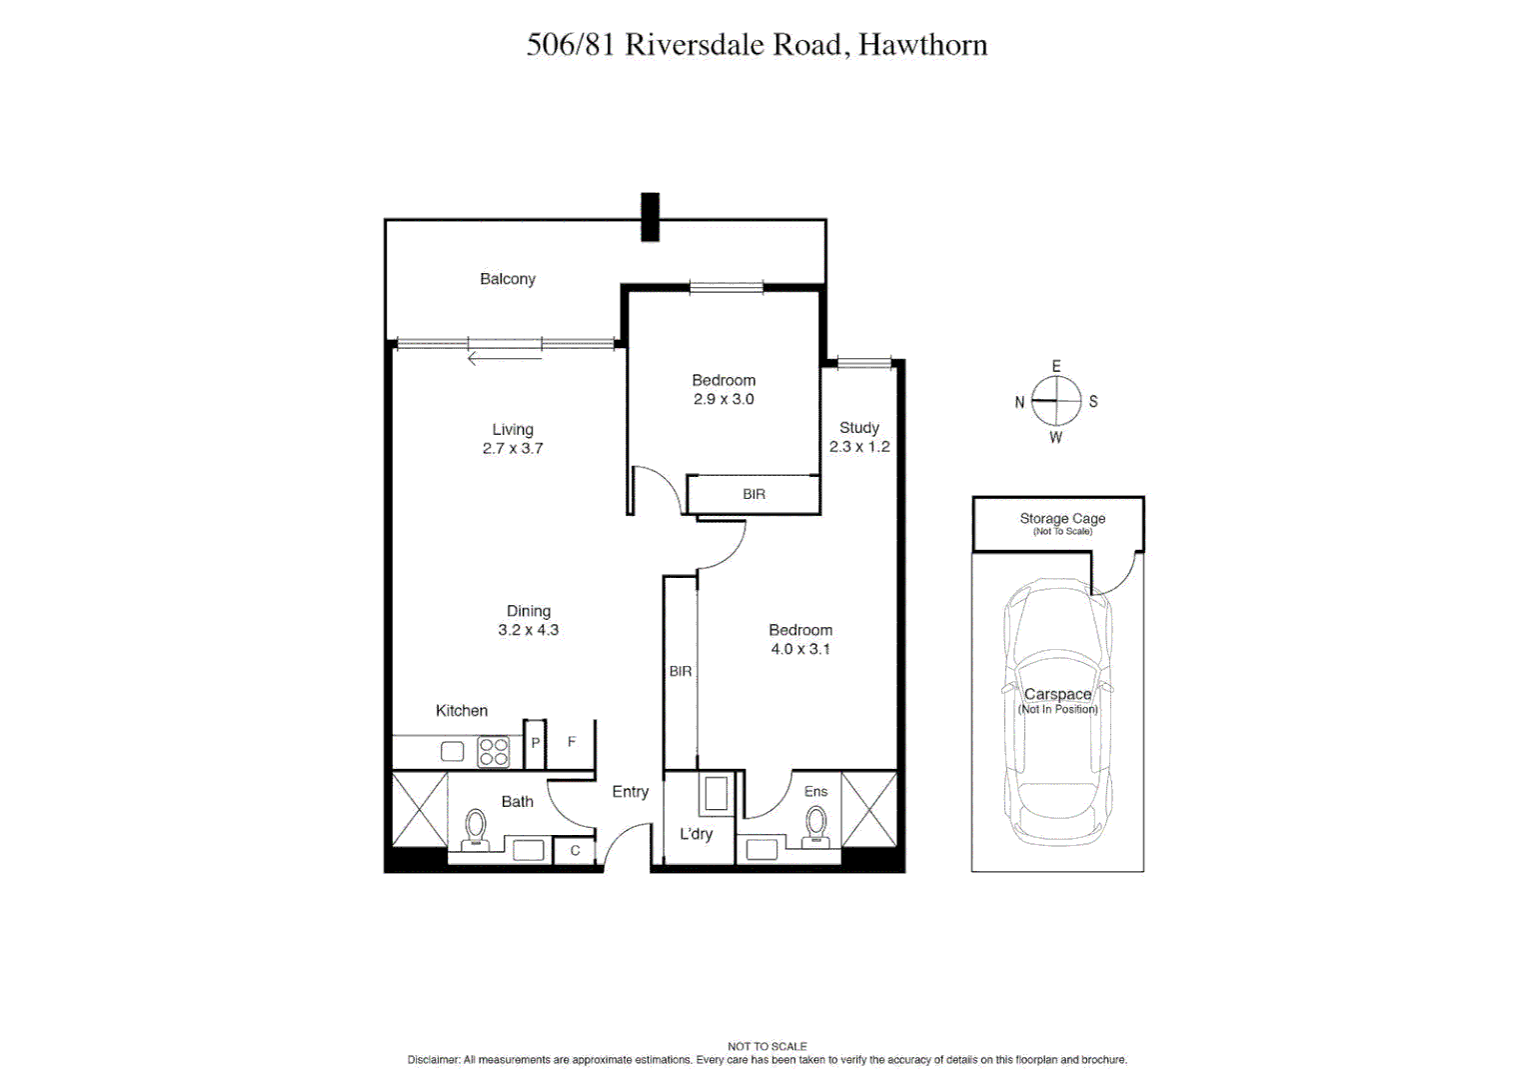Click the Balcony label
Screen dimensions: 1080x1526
pyautogui.click(x=508, y=279)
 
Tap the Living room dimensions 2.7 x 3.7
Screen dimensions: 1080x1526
pyautogui.click(x=513, y=448)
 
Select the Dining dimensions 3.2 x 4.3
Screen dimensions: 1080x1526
pyautogui.click(x=528, y=630)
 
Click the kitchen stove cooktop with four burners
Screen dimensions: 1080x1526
pyautogui.click(x=494, y=752)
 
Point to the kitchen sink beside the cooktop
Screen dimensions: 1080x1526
pyautogui.click(x=453, y=752)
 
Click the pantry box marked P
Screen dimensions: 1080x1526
pyautogui.click(x=535, y=744)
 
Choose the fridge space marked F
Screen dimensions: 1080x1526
pyautogui.click(x=572, y=742)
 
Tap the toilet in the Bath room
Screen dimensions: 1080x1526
pyautogui.click(x=476, y=829)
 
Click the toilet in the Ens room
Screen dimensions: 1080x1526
pyautogui.click(x=817, y=826)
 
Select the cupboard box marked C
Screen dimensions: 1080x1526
pyautogui.click(x=575, y=851)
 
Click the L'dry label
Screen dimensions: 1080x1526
pyautogui.click(x=696, y=834)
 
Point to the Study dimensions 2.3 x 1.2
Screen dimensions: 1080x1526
pyautogui.click(x=859, y=447)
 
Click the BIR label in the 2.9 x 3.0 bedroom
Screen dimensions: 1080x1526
pyautogui.click(x=754, y=494)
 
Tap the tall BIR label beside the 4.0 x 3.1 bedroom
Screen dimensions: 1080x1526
pyautogui.click(x=681, y=671)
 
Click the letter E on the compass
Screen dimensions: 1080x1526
pyautogui.click(x=1056, y=367)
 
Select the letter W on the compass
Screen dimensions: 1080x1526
pyautogui.click(x=1055, y=437)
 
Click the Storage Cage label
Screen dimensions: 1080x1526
pyautogui.click(x=1062, y=519)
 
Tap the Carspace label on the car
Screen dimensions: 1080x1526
pyautogui.click(x=1057, y=694)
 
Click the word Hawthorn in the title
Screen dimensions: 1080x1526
pyautogui.click(x=922, y=45)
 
